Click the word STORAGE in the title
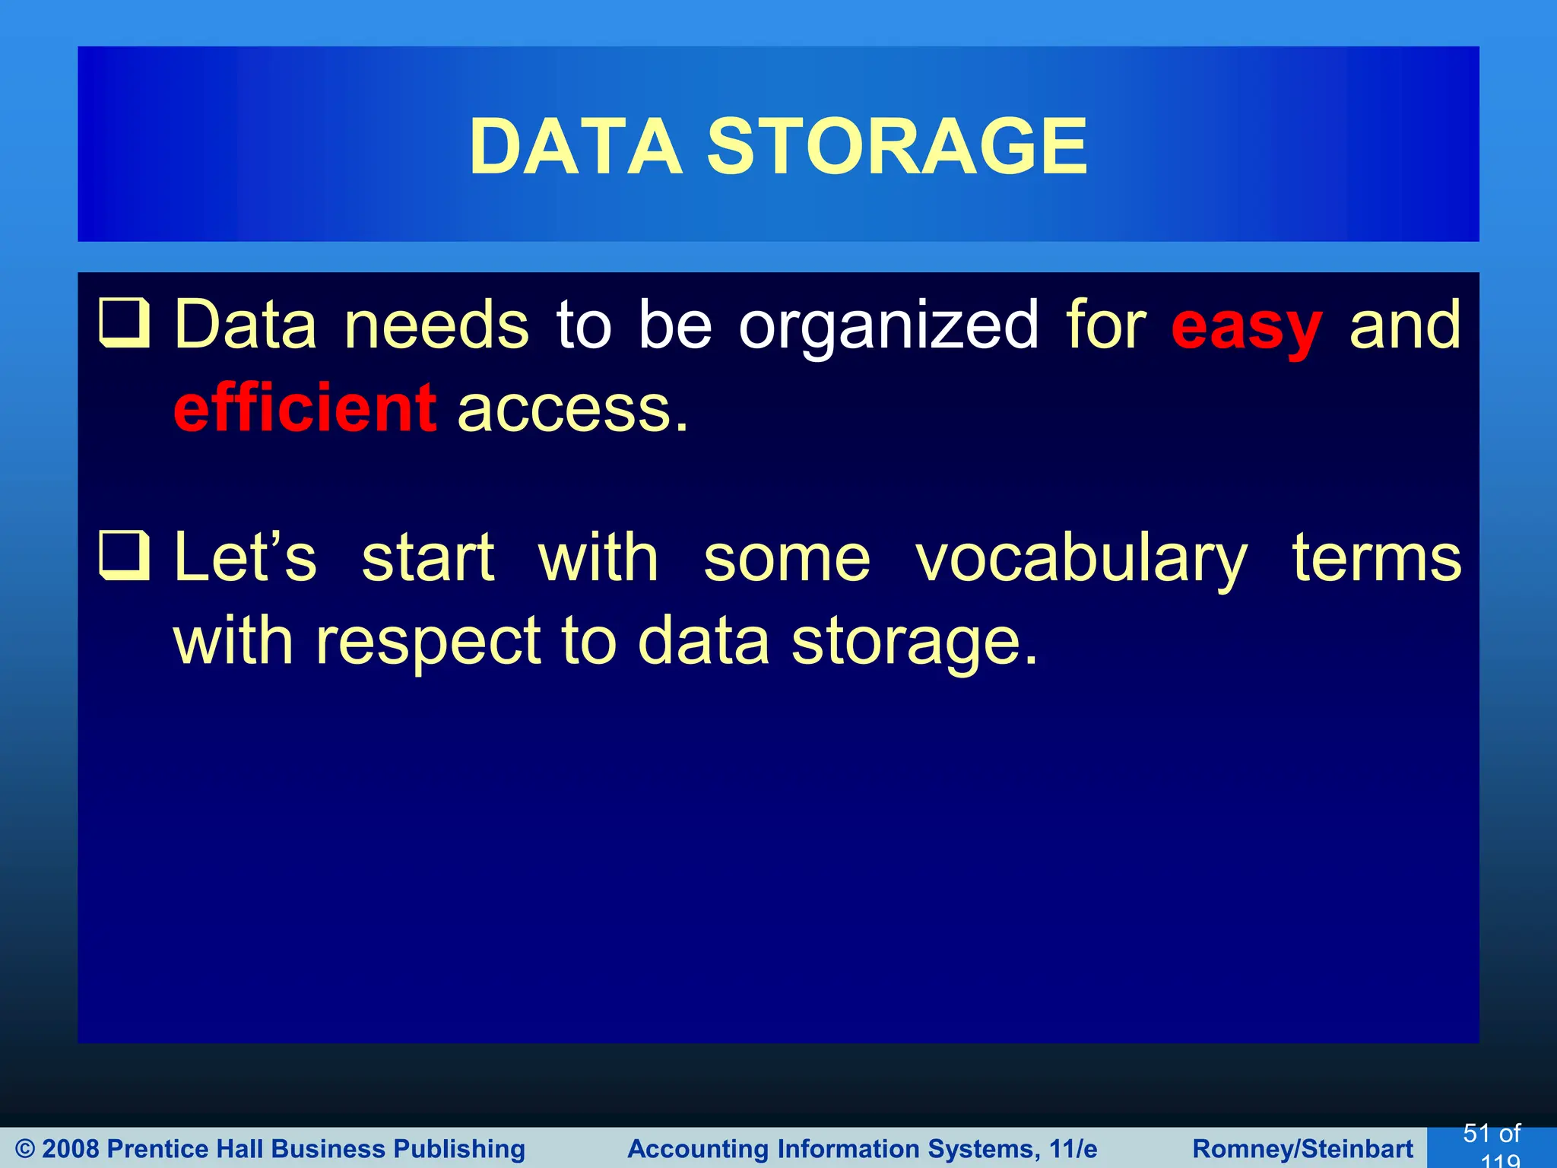[897, 146]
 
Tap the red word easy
[1247, 327]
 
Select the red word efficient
[305, 408]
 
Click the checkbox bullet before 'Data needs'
[124, 323]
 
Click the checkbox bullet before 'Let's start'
[124, 556]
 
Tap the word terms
[1377, 559]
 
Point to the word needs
[436, 325]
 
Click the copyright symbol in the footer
[24, 1149]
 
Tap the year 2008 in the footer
[72, 1149]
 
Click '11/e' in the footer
[1073, 1149]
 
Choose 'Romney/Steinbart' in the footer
[1302, 1149]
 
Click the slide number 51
[1476, 1134]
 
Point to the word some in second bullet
[787, 559]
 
